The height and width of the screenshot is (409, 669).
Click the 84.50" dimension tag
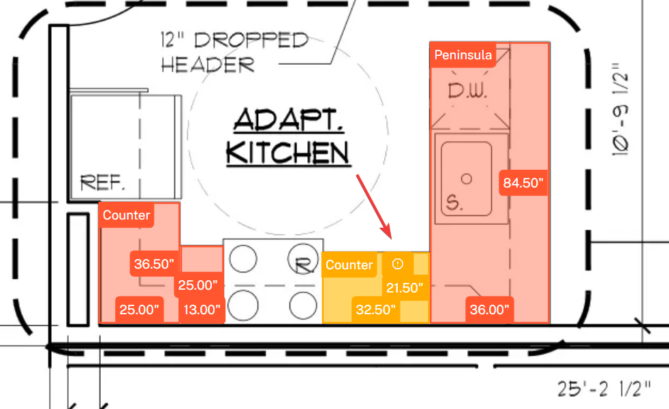(523, 183)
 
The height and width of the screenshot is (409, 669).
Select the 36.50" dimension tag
(154, 264)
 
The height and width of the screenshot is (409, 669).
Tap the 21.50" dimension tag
(405, 288)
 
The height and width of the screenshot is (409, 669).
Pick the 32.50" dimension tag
(375, 309)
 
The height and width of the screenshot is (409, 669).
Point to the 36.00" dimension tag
(489, 309)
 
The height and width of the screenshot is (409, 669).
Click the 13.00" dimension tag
(202, 309)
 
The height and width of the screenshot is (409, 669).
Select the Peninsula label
(463, 55)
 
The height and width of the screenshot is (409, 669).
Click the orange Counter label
(349, 264)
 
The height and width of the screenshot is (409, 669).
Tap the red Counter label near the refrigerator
(126, 215)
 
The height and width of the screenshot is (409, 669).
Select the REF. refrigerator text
(103, 183)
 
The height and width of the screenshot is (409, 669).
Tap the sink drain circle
(467, 179)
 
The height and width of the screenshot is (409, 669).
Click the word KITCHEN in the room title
(287, 153)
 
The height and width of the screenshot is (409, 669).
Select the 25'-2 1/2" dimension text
(604, 389)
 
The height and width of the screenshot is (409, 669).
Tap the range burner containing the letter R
(302, 260)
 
